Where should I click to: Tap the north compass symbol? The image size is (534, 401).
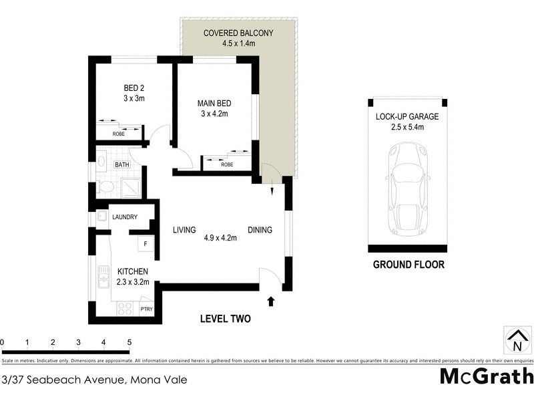[x=517, y=340]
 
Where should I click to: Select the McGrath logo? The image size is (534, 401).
[x=487, y=376]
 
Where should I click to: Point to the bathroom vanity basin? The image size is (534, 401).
[x=101, y=161]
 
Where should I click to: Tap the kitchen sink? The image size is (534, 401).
[x=103, y=274]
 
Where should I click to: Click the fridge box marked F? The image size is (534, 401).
[x=145, y=243]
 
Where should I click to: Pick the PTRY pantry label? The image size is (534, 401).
[x=146, y=309]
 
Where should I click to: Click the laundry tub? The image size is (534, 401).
[x=102, y=217]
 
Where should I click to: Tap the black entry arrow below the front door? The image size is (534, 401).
[x=270, y=301]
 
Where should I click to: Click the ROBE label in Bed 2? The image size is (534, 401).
[x=118, y=134]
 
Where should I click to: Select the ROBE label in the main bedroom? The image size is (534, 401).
[x=227, y=164]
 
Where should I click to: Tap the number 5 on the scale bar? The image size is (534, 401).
[x=129, y=342]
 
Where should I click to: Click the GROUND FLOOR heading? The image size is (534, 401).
[x=408, y=265]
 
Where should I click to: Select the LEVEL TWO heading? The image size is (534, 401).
[x=225, y=319]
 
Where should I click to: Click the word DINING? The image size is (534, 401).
[x=260, y=231]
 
